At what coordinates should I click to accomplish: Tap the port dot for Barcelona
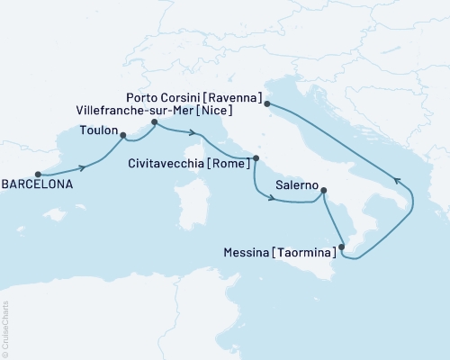click(38, 175)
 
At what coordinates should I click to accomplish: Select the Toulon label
click(98, 130)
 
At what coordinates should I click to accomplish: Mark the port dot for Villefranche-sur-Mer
click(155, 121)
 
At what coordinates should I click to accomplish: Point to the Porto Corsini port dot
click(268, 104)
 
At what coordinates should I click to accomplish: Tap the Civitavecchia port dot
click(256, 158)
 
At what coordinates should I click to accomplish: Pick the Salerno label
click(292, 184)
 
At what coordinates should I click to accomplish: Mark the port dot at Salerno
click(323, 190)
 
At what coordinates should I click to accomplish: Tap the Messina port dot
click(341, 245)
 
